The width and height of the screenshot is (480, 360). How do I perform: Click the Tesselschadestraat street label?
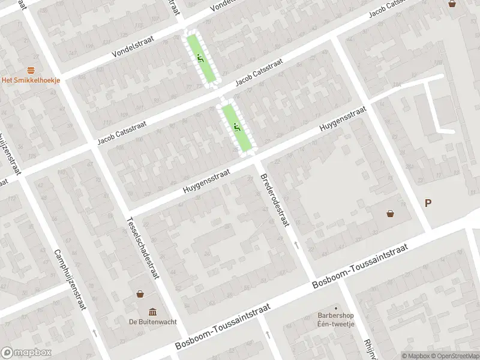coord(142,247)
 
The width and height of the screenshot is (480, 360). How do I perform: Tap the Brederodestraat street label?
coord(275,201)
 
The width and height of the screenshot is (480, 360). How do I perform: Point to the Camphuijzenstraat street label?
coord(68,280)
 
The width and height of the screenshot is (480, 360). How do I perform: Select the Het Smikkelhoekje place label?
coord(31,81)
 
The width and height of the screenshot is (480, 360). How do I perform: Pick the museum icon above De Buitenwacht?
coord(152,312)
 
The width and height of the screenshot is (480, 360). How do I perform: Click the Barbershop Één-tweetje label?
coord(336,319)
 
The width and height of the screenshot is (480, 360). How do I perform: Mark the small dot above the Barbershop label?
coord(336,307)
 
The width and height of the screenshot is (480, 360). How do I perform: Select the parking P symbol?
coord(428,203)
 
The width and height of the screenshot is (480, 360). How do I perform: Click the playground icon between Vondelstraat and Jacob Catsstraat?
coord(200,58)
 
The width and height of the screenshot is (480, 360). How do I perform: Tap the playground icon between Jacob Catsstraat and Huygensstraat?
coord(237,127)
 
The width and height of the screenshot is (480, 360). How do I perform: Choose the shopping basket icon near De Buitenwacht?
coord(140,294)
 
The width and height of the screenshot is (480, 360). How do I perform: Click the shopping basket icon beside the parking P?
coord(391,212)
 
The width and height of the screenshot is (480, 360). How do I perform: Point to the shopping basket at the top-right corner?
coord(452,4)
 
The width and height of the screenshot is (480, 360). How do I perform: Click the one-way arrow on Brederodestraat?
coord(296,245)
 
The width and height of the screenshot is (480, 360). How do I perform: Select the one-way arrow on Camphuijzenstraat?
coord(94,332)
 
